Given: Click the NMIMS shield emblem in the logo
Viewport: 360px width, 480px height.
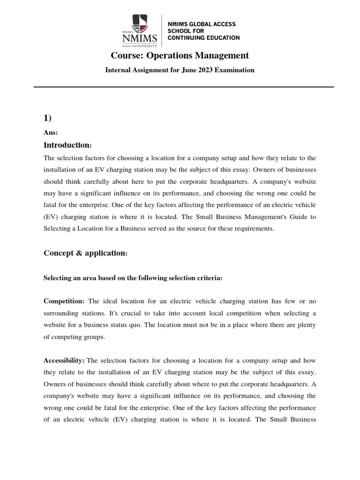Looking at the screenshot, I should pos(139,22).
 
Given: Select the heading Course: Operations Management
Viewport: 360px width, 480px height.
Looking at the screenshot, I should pos(180,56).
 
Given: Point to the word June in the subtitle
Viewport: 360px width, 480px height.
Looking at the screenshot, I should pos(187,70).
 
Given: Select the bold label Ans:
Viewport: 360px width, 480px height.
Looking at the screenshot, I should pos(51,133).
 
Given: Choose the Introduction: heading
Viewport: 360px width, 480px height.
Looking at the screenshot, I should pos(67,145).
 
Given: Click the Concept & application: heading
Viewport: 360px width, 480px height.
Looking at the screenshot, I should pos(85,253).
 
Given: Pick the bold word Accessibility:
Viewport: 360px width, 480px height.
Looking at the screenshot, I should pos(64,360).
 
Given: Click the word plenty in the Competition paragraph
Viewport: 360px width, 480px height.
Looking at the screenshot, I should pos(306,324).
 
